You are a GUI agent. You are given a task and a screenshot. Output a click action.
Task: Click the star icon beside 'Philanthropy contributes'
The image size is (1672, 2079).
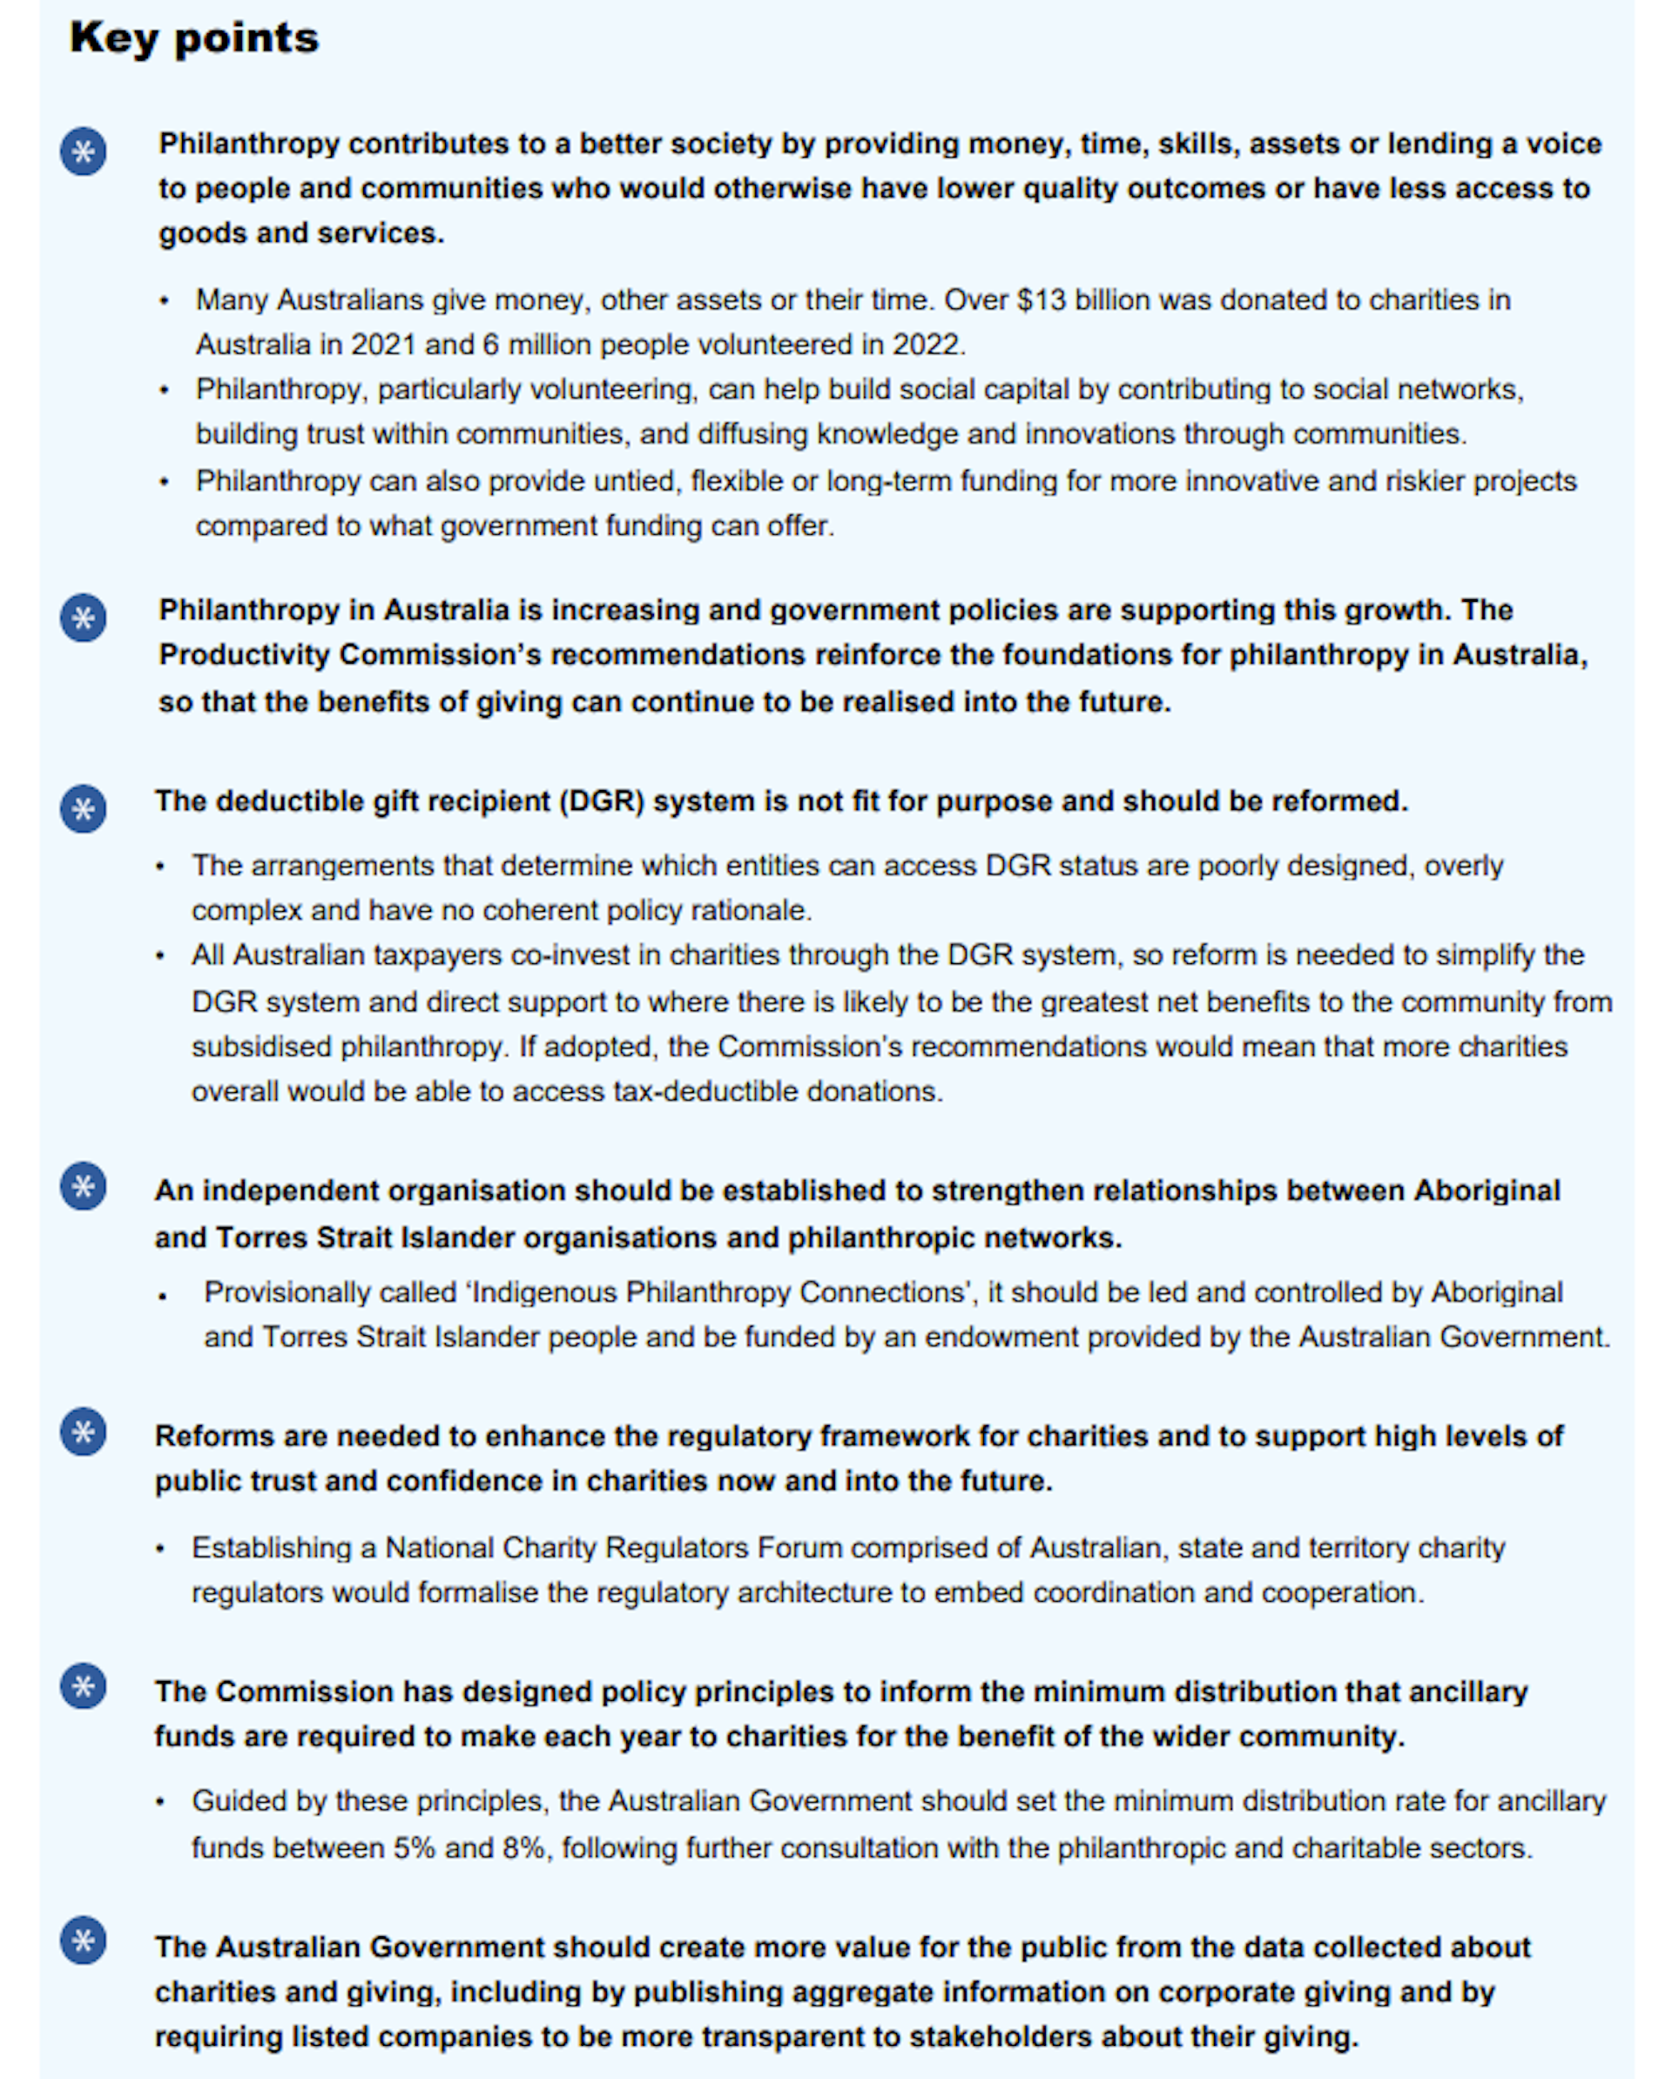(x=84, y=152)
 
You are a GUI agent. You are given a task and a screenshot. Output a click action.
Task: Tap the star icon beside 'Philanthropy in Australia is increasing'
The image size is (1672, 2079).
(x=84, y=618)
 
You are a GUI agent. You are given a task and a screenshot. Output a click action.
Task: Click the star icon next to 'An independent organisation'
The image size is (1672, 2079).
(x=84, y=1187)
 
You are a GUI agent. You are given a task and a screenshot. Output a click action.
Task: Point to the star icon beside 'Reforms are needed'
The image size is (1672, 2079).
(x=84, y=1432)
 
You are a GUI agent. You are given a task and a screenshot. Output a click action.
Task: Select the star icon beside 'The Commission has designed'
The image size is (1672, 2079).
(x=84, y=1686)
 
